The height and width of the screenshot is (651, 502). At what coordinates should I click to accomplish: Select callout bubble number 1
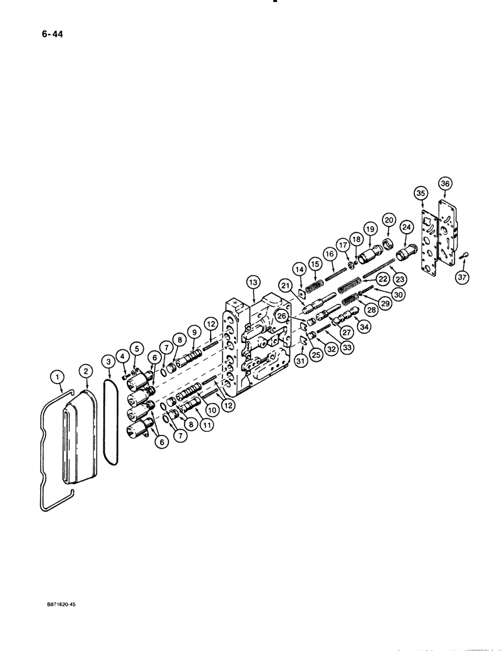coord(57,376)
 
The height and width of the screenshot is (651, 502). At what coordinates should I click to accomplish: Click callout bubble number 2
coord(85,370)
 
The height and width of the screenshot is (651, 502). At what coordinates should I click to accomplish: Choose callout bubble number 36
coord(445,184)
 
